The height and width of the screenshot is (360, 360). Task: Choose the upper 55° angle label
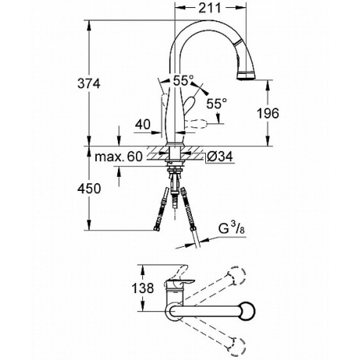pyautogui.click(x=184, y=80)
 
